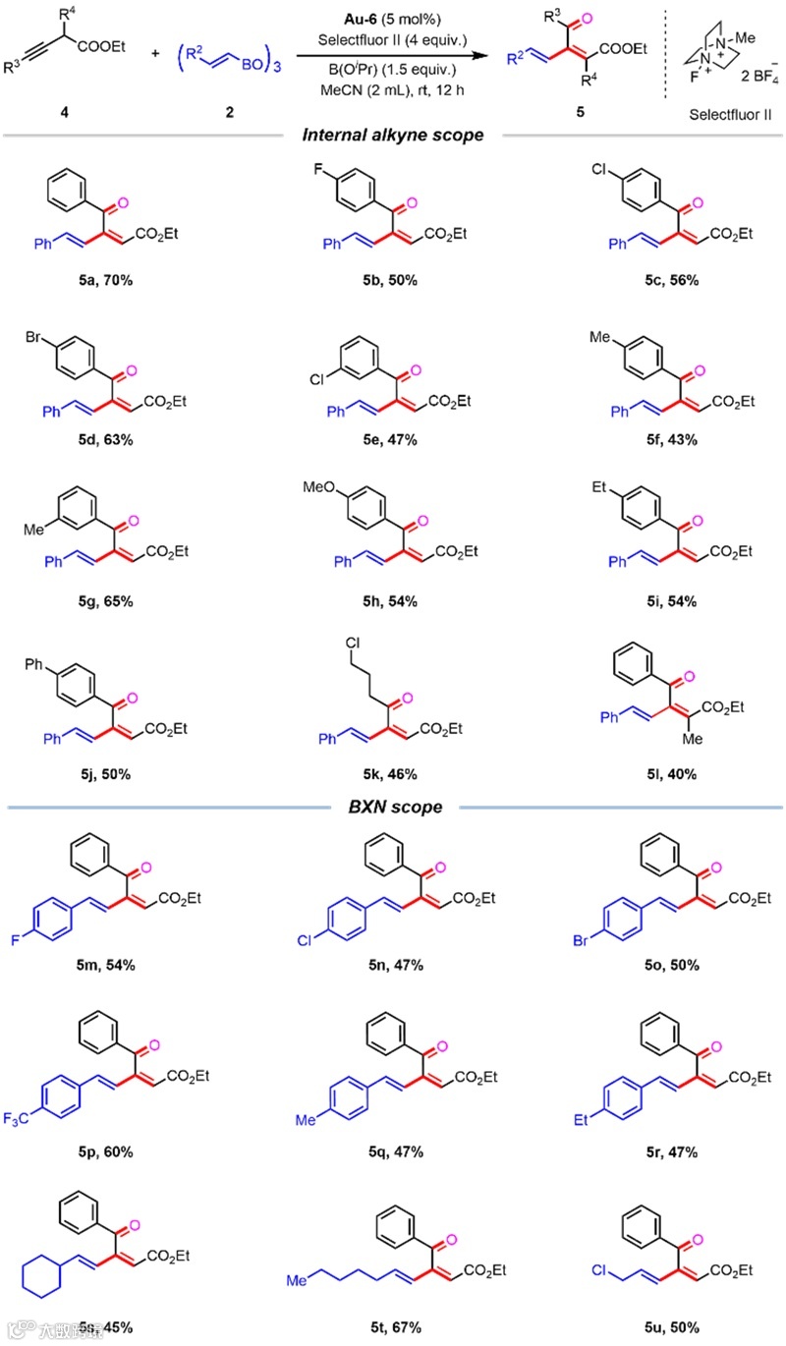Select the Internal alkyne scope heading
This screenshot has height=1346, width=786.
(x=392, y=135)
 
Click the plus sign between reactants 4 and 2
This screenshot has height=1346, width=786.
(x=155, y=52)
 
